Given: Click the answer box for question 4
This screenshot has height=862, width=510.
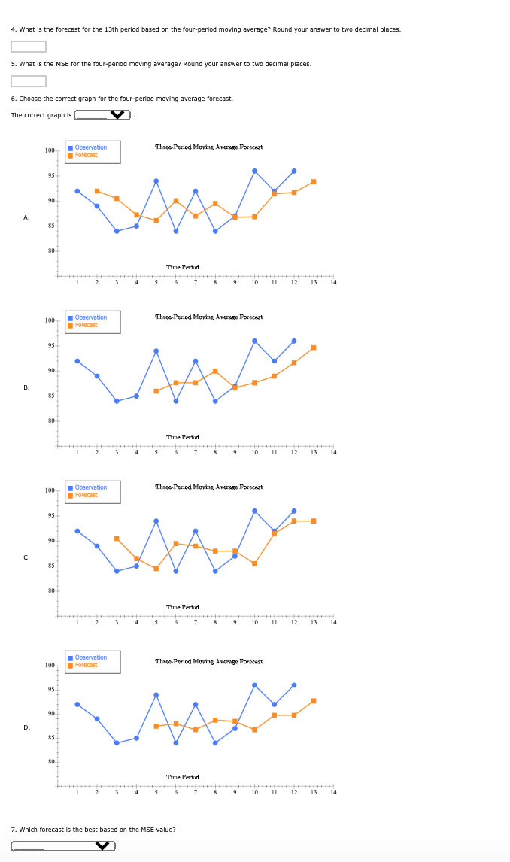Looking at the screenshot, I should pos(29,47).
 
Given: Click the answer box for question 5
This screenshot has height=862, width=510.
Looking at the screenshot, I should pos(29,81).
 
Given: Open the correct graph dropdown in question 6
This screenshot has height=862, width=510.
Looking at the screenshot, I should pos(103,115).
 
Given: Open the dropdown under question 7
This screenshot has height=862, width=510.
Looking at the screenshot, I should pos(63,846).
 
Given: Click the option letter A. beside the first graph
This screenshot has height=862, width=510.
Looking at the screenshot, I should pos(26,217).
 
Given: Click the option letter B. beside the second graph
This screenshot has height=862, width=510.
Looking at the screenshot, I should pos(26,387).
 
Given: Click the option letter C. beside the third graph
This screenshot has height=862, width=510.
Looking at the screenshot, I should pos(26,557).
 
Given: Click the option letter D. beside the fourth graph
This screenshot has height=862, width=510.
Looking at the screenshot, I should pos(26,727).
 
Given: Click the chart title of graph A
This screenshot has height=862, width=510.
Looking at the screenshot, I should pos(208,147).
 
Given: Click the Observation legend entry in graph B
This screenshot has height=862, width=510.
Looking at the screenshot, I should pos(90,317).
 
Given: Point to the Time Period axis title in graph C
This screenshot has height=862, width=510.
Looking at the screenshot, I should pos(182,607).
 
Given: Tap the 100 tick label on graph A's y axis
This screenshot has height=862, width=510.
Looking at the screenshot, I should pos(50,151).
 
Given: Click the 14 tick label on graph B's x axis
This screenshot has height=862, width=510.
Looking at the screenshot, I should pos(333,453).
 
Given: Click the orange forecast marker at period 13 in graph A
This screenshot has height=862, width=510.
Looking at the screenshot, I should pos(314,181).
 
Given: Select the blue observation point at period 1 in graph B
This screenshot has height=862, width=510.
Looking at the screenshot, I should pos(77,361).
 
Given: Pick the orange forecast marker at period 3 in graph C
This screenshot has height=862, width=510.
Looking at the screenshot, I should pos(117,539).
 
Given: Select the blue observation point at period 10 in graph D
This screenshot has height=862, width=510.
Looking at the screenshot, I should pos(254,685).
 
